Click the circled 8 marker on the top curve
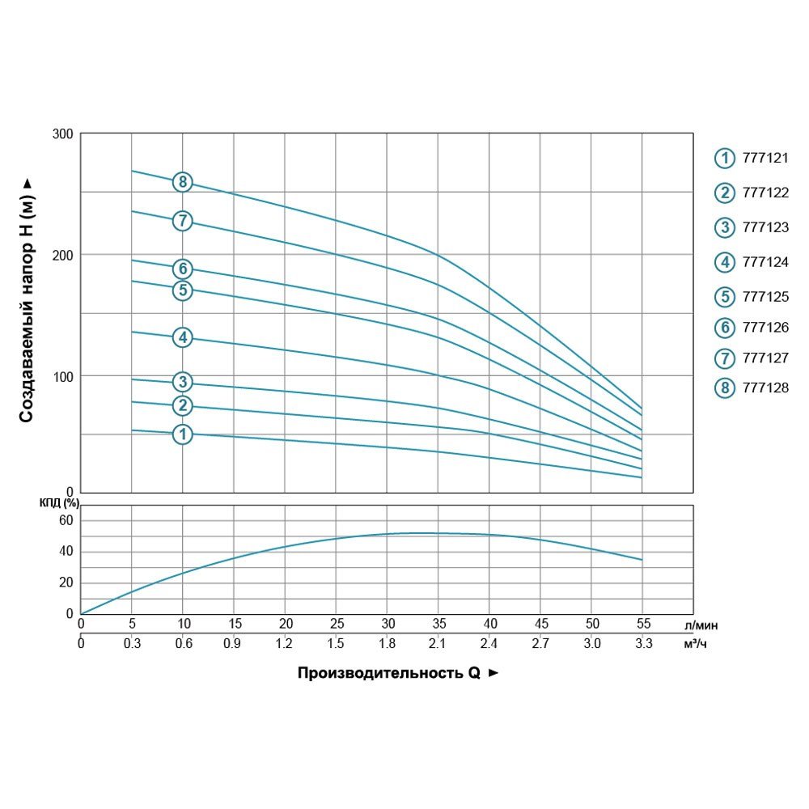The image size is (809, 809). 183,181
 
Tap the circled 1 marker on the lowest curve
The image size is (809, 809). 183,434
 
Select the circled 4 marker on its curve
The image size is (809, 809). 183,337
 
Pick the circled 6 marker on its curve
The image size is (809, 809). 183,269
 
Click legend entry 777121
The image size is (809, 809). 765,159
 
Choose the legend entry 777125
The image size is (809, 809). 765,295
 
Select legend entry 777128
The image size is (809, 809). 765,388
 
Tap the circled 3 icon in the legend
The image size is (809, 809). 724,227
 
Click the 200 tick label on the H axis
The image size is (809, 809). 66,255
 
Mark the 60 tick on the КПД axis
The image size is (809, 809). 66,520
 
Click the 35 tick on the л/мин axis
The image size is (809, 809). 438,625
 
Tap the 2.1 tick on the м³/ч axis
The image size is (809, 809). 438,644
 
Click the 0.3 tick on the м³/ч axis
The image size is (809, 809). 132,644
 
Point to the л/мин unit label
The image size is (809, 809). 701,625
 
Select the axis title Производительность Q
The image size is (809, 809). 389,673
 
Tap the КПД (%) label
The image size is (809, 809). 58,503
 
